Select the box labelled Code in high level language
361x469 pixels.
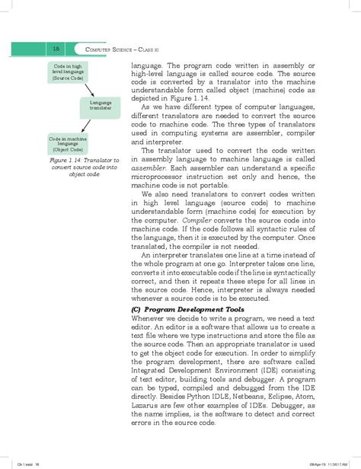[x=68, y=72]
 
